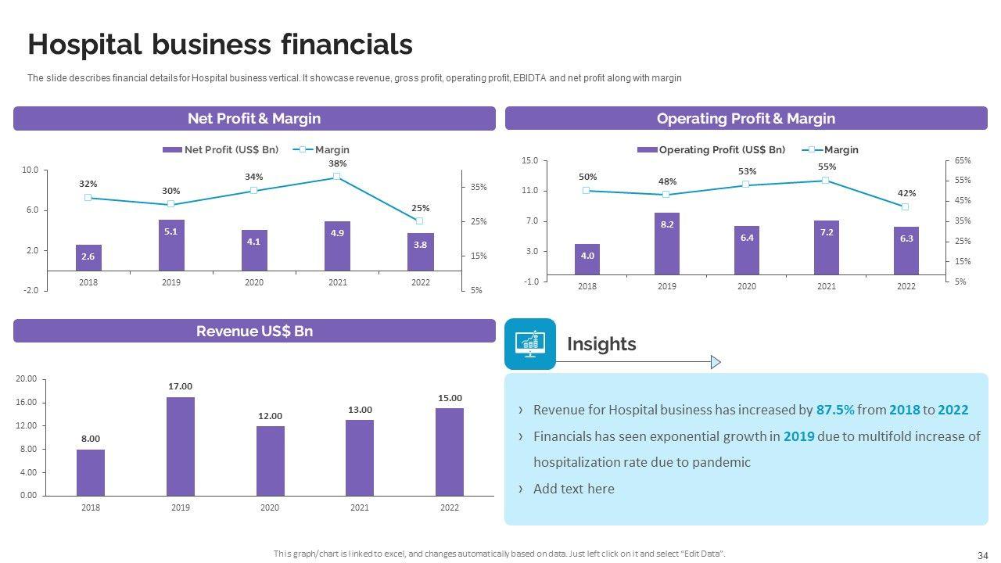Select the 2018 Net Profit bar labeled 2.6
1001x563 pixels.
click(88, 257)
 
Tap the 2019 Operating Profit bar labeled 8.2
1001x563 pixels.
click(667, 244)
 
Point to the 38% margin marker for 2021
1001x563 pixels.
click(337, 177)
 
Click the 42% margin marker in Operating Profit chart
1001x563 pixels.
click(905, 207)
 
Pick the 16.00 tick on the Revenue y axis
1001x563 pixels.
click(27, 403)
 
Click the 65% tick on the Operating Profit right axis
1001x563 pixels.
click(963, 160)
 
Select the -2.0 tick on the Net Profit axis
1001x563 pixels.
click(30, 291)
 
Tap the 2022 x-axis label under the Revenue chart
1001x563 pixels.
click(450, 508)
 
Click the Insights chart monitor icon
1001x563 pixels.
click(530, 344)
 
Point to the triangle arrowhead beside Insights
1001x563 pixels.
click(715, 362)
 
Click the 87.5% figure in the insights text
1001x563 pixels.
click(834, 410)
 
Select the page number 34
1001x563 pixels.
click(983, 555)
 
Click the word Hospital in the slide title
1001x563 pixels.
click(82, 45)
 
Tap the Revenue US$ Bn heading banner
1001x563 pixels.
click(254, 331)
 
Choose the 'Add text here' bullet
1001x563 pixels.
click(573, 489)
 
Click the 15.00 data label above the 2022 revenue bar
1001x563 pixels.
click(450, 398)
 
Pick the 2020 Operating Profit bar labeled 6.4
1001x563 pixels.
click(747, 250)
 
